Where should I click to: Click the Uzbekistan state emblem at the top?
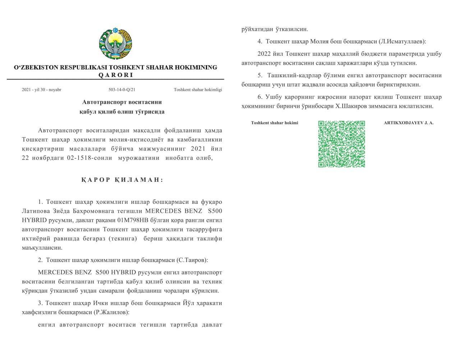click(115, 44)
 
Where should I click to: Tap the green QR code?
click(341, 144)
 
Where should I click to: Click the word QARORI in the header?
click(115, 75)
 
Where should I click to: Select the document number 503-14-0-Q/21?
click(122, 90)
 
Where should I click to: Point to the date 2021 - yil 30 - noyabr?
click(41, 90)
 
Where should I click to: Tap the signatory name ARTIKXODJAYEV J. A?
click(409, 123)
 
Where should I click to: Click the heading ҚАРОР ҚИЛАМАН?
click(122, 180)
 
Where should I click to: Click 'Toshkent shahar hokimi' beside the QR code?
click(275, 123)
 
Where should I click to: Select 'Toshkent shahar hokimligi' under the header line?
click(198, 90)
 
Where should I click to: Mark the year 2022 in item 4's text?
click(266, 54)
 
